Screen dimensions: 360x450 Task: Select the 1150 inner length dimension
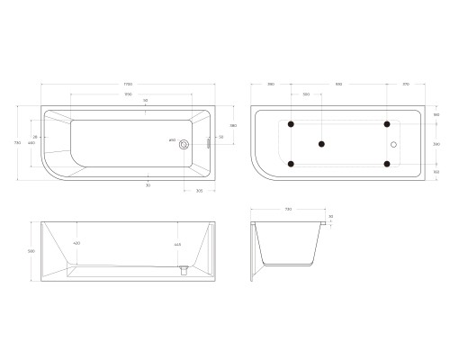(129, 94)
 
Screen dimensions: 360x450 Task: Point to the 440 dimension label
(31, 143)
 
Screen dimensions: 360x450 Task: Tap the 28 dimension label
(35, 137)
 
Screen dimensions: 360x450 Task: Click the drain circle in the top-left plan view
(184, 143)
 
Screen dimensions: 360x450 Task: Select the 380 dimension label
(233, 125)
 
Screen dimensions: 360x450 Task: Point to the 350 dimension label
(306, 94)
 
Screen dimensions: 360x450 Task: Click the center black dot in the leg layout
(322, 143)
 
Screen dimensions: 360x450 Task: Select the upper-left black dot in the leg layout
(291, 123)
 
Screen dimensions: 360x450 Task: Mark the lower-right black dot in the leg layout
(387, 163)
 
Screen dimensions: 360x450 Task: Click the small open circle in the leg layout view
(394, 143)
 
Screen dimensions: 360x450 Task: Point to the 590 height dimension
(31, 251)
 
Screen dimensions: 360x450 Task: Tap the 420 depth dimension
(77, 244)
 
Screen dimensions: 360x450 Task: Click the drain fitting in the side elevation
(184, 268)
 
